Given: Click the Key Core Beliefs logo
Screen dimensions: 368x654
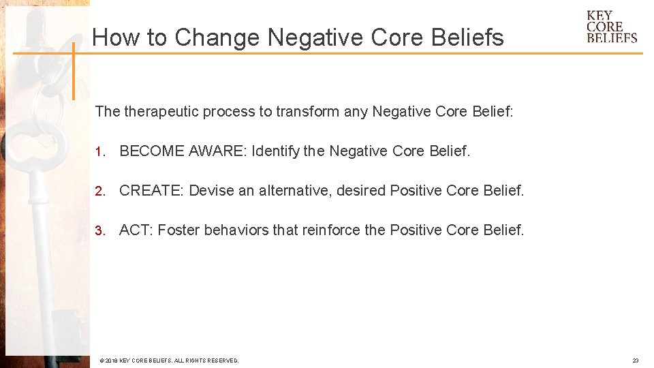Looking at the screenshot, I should coord(612,27).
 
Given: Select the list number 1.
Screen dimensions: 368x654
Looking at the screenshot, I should coord(99,151).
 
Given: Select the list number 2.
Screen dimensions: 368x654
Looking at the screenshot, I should coord(99,191).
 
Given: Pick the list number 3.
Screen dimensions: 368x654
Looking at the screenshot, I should coord(99,230).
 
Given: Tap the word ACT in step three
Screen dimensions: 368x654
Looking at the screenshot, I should coord(135,230).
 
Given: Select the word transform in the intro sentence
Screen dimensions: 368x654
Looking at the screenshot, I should coord(307,111).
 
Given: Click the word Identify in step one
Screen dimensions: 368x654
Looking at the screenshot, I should coord(275,151).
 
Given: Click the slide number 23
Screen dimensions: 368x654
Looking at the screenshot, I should coord(636,361).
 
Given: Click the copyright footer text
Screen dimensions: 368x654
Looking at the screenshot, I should coord(169,361).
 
